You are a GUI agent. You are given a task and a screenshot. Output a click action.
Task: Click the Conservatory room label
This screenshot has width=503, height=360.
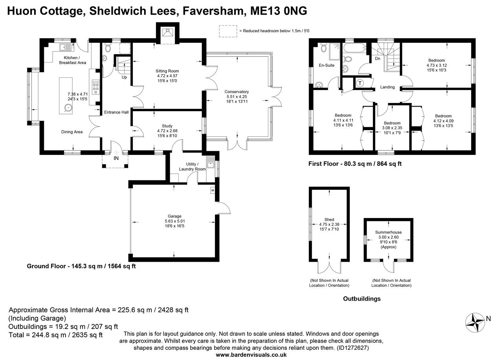237,92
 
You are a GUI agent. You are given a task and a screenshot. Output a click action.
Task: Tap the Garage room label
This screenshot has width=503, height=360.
174,216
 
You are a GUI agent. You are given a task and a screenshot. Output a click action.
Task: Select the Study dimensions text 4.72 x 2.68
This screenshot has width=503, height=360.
167,131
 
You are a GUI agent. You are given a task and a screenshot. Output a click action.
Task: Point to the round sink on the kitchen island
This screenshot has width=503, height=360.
68,108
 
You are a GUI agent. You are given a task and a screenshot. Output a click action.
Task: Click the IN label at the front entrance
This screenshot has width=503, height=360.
116,158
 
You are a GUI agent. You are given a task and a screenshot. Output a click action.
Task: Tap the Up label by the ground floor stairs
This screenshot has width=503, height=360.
124,77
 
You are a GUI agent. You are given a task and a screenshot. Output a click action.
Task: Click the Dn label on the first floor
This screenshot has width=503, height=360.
378,59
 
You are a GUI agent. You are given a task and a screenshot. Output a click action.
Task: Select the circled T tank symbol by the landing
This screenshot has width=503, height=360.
360,83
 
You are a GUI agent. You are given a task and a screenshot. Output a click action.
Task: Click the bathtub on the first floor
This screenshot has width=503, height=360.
354,48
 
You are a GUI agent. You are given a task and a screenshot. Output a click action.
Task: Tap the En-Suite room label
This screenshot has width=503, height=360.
327,65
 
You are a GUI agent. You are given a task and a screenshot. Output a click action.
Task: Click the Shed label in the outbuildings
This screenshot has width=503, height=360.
329,219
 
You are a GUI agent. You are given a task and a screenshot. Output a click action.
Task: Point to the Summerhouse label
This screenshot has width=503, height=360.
389,232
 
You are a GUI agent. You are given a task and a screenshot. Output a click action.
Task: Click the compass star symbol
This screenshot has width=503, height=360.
475,323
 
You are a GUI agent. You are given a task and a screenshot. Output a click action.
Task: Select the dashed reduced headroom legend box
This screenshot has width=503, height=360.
228,31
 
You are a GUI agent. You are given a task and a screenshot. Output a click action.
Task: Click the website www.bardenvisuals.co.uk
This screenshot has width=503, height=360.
251,355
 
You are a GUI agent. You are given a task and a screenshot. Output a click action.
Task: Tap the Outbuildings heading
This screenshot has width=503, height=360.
362,299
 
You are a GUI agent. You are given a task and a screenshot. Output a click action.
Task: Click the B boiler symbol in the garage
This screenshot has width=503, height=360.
213,191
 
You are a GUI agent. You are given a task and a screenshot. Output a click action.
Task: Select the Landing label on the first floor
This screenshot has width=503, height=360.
387,87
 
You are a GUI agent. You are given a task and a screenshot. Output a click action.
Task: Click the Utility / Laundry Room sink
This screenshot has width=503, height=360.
211,163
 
